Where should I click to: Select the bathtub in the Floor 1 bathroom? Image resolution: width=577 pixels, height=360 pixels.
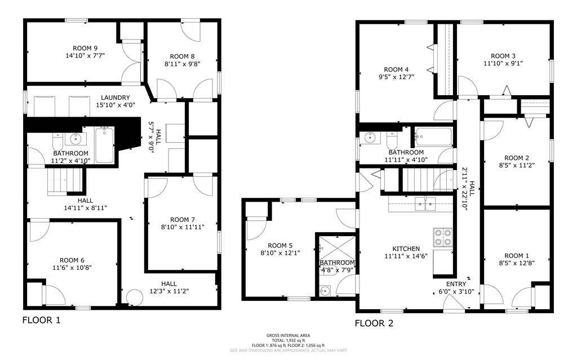[x=104, y=144]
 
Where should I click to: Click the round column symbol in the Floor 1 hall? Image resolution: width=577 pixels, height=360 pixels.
[x=134, y=297]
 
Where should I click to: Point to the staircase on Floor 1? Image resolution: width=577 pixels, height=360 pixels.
[x=65, y=183]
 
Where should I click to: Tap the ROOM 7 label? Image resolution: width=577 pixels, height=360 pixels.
[x=182, y=219]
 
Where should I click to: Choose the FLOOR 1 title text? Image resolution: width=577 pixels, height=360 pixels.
[x=41, y=321]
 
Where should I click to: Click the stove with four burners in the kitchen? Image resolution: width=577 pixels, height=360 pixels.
[x=442, y=237]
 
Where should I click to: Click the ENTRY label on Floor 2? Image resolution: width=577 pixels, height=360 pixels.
[x=456, y=284]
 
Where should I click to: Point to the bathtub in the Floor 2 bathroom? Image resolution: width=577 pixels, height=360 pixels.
[x=433, y=136]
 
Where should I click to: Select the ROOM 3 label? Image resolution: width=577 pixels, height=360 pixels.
[x=503, y=56]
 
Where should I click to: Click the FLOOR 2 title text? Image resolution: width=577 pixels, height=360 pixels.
[x=374, y=323]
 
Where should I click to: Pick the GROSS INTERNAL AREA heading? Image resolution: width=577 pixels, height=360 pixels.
[x=288, y=335]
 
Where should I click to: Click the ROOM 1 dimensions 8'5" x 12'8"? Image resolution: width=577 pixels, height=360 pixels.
[x=516, y=263]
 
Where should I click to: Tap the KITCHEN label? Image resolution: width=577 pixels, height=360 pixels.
[x=406, y=248]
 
